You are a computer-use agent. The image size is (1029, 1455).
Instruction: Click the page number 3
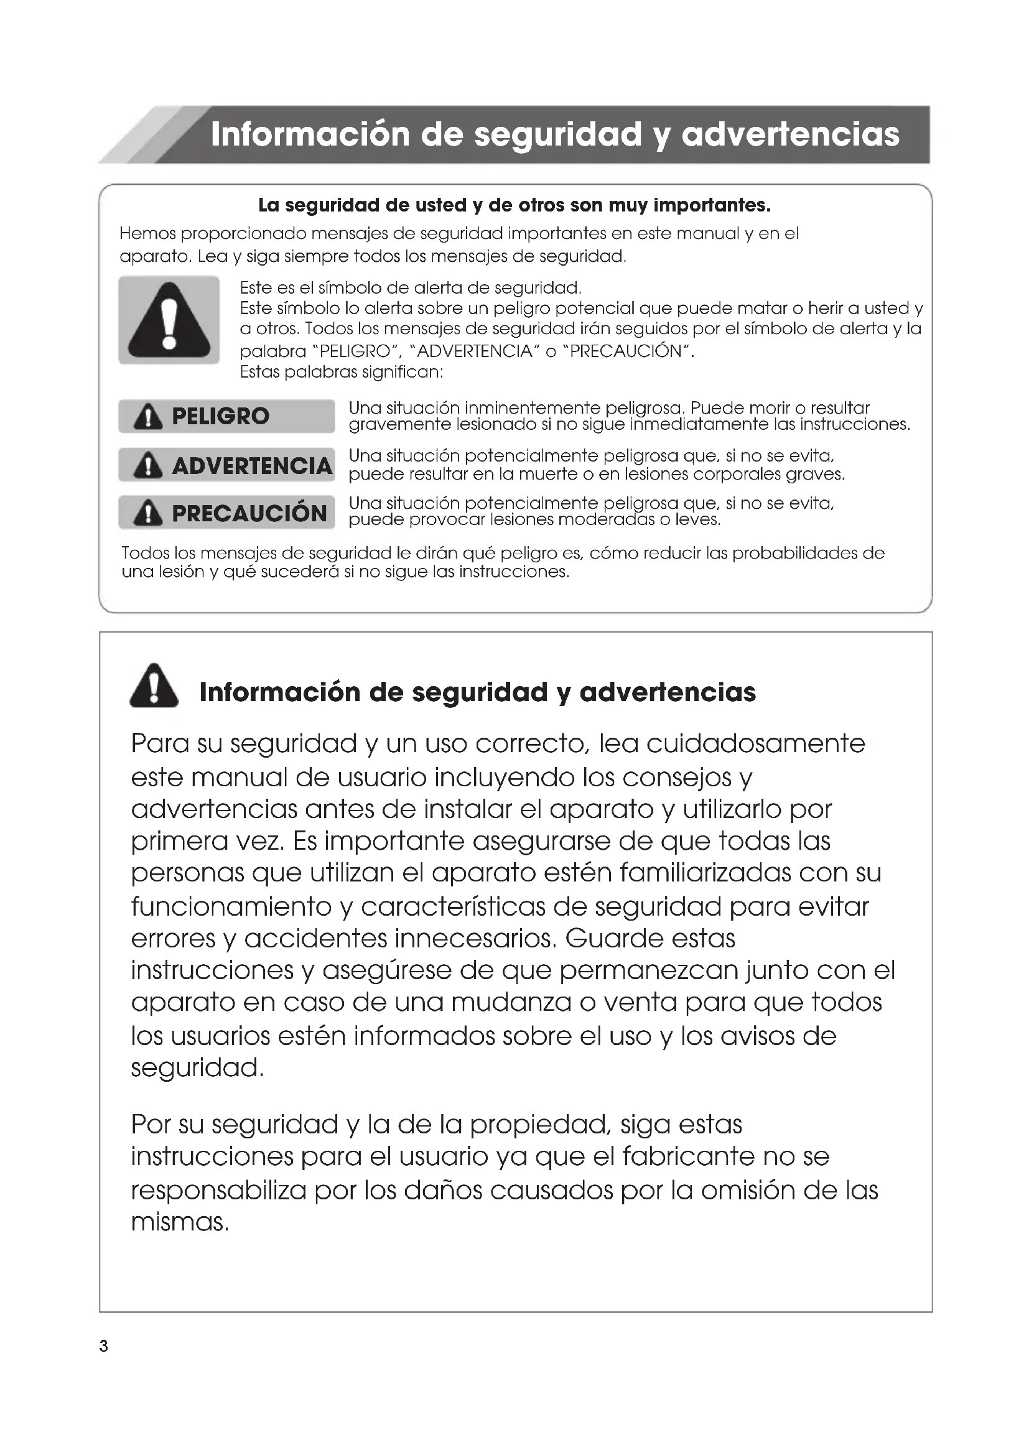click(104, 1347)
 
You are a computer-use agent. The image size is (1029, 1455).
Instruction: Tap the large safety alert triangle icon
click(169, 320)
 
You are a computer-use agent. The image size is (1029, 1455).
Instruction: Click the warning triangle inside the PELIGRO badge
click(147, 417)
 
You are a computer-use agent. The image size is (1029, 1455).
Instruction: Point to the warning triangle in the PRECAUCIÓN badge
click(147, 513)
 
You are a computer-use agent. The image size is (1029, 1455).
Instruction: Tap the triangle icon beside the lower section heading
click(154, 686)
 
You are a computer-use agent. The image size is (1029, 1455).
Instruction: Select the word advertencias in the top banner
click(790, 134)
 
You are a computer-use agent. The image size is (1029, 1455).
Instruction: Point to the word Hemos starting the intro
click(147, 234)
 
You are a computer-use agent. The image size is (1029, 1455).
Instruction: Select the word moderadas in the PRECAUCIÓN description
click(607, 520)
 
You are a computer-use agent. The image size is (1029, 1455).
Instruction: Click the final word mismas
click(179, 1222)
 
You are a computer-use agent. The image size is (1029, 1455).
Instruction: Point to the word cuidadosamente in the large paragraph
click(755, 743)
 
